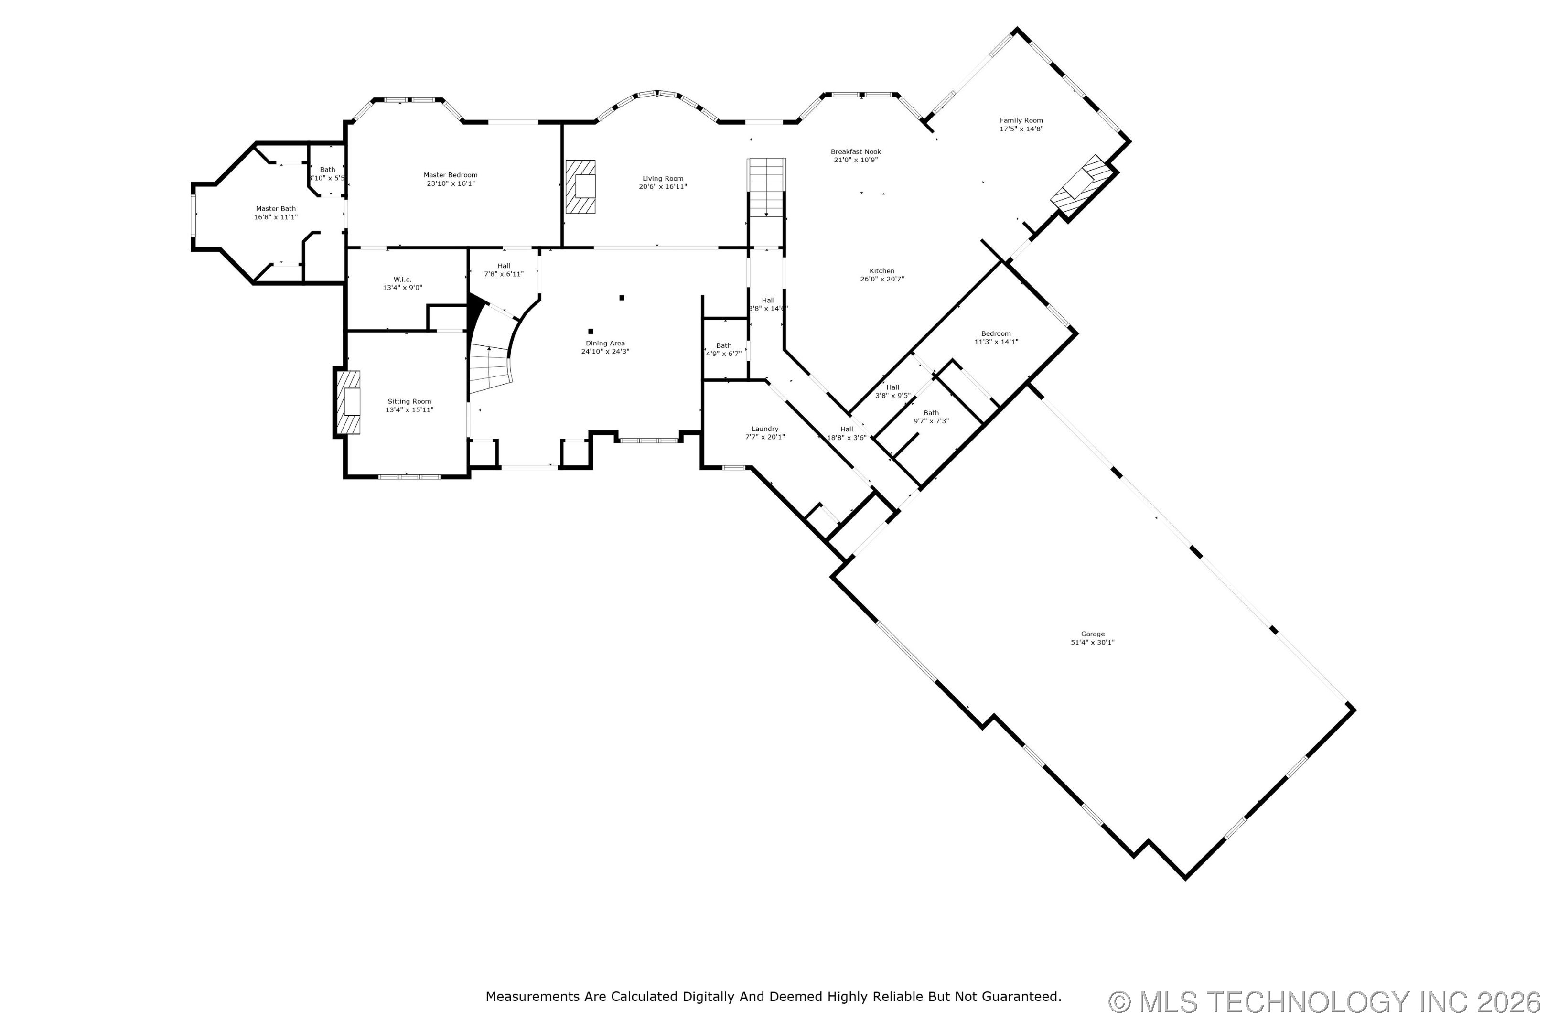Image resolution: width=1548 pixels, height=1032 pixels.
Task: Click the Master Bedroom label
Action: click(450, 175)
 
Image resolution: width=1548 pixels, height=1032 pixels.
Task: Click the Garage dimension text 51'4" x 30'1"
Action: click(1093, 642)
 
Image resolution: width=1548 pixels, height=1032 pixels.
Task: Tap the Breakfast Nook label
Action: click(856, 151)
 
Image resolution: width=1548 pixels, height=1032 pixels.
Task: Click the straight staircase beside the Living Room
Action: click(766, 188)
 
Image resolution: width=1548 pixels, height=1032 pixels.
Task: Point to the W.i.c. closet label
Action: click(403, 279)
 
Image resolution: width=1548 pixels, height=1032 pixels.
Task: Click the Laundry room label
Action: click(765, 429)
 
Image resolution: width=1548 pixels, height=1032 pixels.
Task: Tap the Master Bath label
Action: click(276, 209)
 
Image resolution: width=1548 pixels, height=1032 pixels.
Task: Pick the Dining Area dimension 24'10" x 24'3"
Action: click(605, 352)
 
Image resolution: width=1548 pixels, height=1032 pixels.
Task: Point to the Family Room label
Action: click(1021, 120)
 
